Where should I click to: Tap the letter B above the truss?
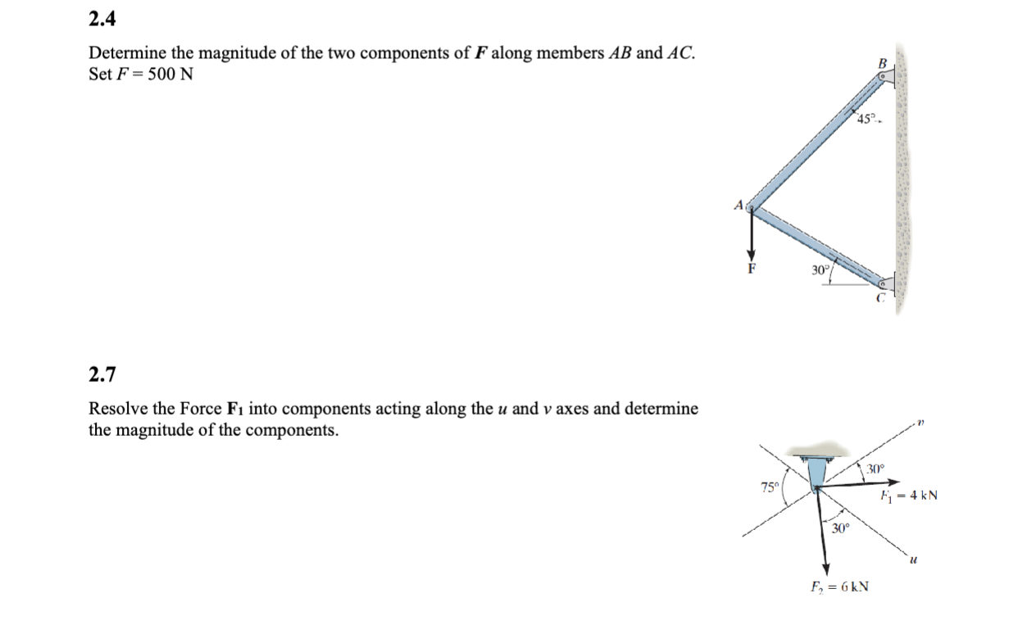click(882, 62)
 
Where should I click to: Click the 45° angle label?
click(866, 120)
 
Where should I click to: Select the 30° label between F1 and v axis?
click(876, 469)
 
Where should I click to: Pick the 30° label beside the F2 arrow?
click(839, 528)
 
